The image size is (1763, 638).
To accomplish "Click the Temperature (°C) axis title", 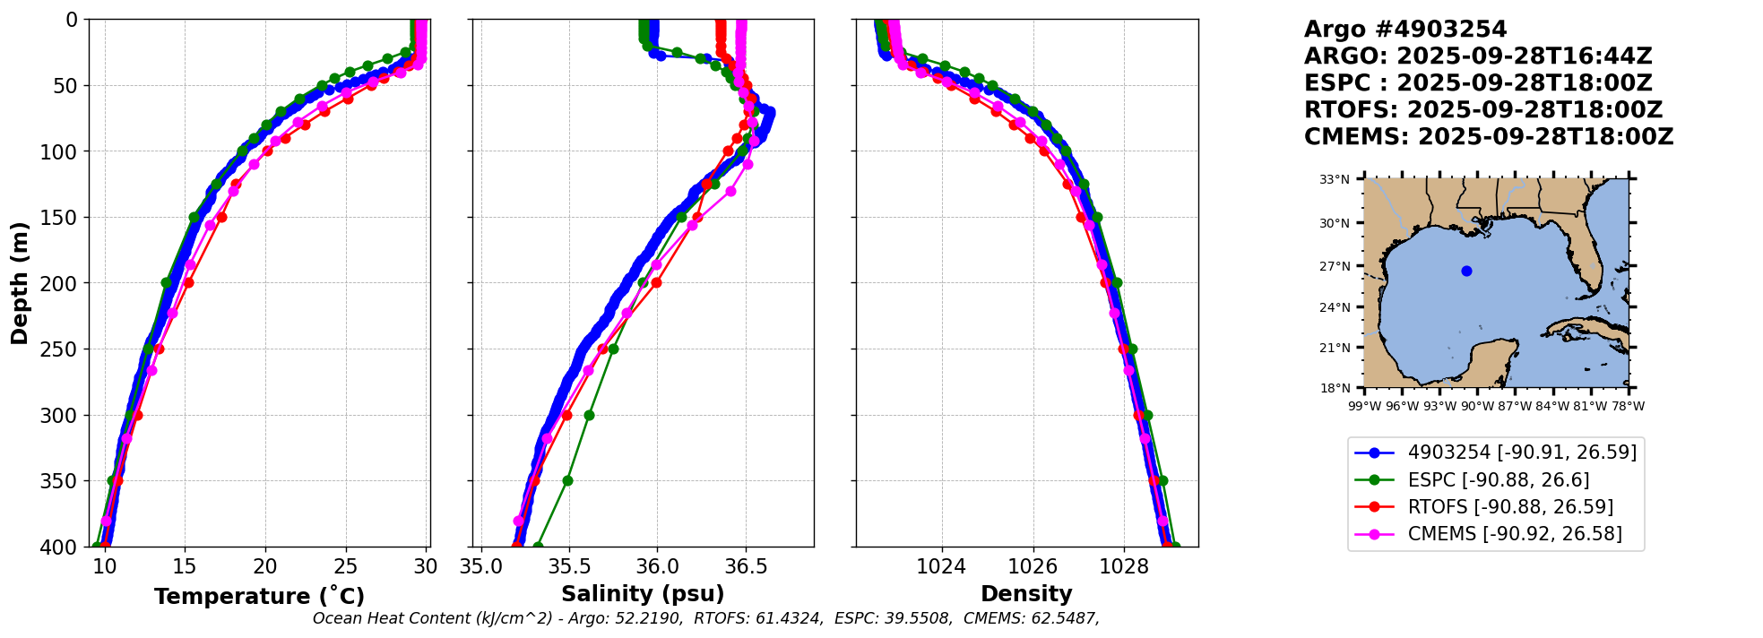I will click(259, 597).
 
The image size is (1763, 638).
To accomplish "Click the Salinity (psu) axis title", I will click(643, 594).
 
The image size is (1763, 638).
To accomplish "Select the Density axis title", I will click(1026, 594).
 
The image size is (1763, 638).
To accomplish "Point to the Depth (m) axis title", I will click(20, 283).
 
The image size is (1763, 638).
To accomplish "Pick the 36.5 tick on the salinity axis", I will click(745, 566).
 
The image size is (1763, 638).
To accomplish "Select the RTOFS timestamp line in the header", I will click(1483, 110).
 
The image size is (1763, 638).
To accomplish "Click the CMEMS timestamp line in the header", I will click(1489, 137).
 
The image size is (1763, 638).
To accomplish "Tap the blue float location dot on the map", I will click(1466, 271).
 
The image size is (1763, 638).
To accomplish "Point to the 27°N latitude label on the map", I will click(1335, 266).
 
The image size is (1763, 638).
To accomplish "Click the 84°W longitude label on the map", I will click(1553, 406).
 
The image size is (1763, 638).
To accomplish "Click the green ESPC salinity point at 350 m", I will click(567, 481).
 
